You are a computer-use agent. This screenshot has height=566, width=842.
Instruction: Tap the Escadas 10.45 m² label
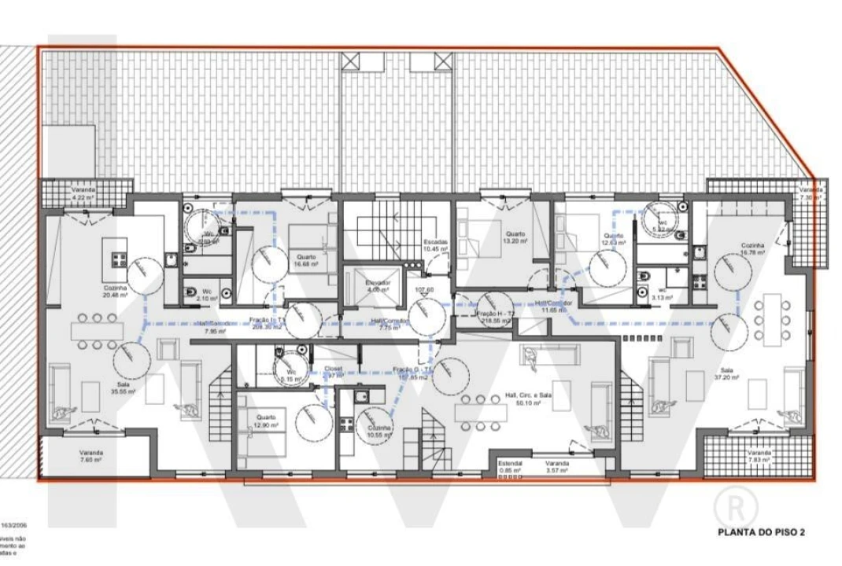click(x=435, y=244)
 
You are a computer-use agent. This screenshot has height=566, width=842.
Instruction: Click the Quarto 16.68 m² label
click(x=308, y=260)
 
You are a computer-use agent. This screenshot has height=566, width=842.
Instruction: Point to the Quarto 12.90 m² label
click(x=264, y=421)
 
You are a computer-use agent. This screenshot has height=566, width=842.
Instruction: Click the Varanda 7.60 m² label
click(x=90, y=457)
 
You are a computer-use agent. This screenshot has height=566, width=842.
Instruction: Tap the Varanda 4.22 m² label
click(x=83, y=194)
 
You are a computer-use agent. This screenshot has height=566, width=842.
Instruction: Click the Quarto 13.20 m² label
click(x=515, y=237)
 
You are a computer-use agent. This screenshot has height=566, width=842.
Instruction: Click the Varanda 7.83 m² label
click(x=759, y=457)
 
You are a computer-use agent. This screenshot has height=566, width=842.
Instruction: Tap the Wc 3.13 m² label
click(x=660, y=295)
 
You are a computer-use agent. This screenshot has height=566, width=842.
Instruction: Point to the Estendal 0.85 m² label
click(x=510, y=468)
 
